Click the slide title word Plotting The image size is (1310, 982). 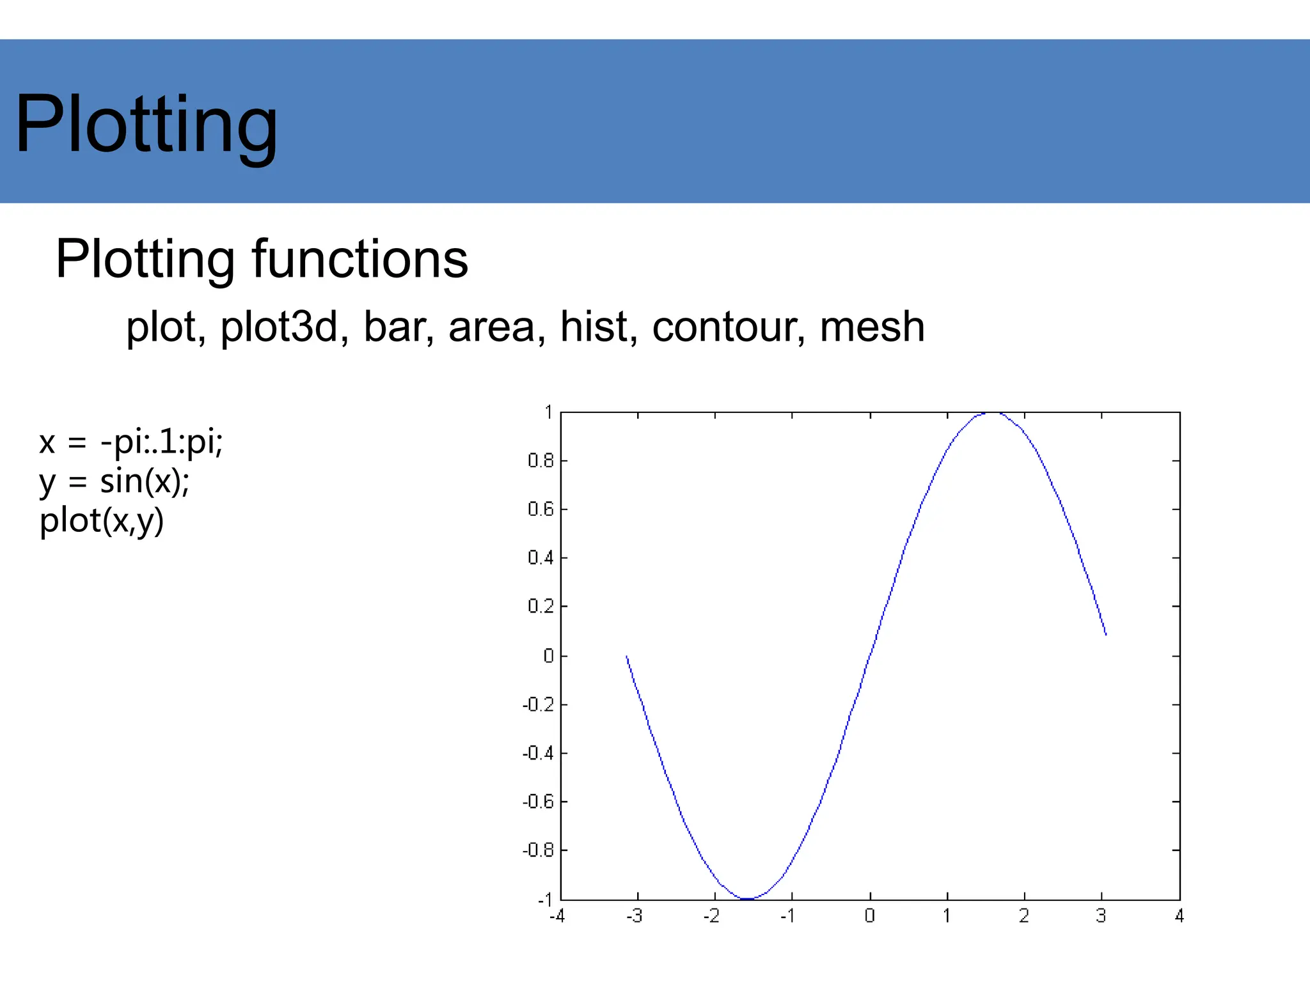[x=146, y=125]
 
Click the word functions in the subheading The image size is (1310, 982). [x=359, y=260]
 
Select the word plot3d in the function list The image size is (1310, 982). [x=279, y=327]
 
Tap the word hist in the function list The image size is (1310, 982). [x=598, y=327]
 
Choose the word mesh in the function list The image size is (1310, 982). [x=872, y=327]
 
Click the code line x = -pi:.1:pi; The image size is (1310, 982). [x=131, y=442]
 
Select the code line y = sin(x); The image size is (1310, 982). [x=114, y=481]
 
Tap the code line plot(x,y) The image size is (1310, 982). [x=102, y=520]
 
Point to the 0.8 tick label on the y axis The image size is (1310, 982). [x=541, y=460]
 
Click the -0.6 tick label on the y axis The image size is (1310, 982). [x=538, y=802]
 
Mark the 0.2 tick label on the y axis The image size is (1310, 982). [x=541, y=606]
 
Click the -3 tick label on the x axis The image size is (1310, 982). [x=634, y=916]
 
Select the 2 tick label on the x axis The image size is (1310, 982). [x=1024, y=916]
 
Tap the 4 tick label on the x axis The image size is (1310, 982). [x=1179, y=916]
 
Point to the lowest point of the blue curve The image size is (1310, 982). [x=748, y=899]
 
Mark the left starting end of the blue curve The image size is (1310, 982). [x=627, y=657]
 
